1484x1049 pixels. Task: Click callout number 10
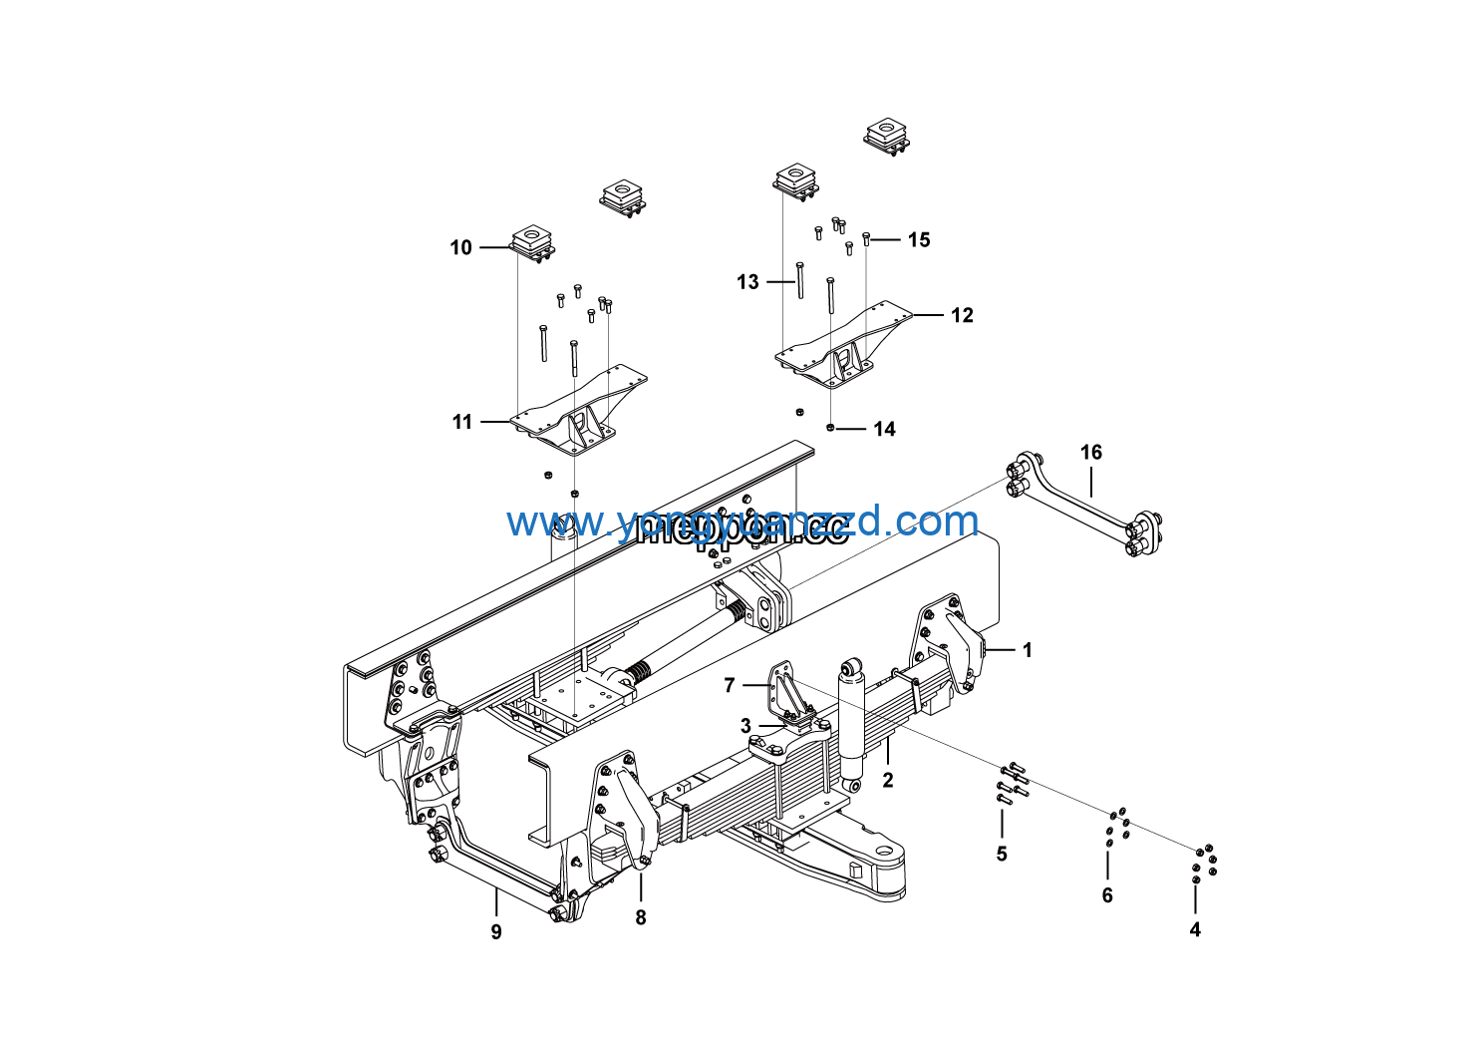(x=460, y=247)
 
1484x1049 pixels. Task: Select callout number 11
(x=462, y=422)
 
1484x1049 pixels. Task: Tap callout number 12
(x=962, y=315)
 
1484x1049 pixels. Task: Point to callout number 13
(x=747, y=282)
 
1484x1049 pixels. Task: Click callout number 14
(x=884, y=429)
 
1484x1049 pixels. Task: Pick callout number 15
(x=919, y=239)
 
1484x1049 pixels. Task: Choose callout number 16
(x=1091, y=453)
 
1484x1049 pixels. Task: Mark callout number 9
(x=496, y=931)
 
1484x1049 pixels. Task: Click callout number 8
(x=641, y=917)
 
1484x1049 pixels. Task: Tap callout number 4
(x=1195, y=929)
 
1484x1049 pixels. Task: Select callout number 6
(x=1107, y=895)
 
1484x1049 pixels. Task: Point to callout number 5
(x=1002, y=854)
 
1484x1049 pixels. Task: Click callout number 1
(x=1028, y=650)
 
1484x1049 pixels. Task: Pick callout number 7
(x=730, y=685)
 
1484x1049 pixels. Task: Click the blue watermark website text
(x=742, y=522)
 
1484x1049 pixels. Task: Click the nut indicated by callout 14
(x=829, y=428)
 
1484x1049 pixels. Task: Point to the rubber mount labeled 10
(x=532, y=242)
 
